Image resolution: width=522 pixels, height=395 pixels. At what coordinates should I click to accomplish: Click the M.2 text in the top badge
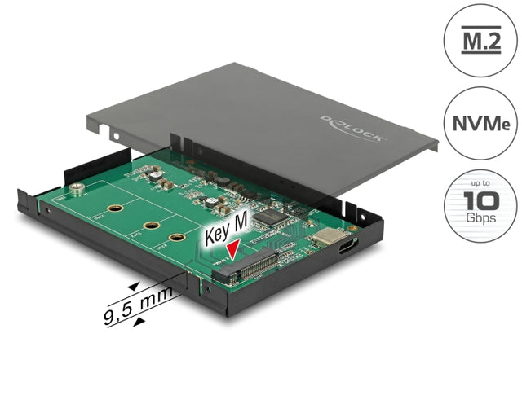click(480, 41)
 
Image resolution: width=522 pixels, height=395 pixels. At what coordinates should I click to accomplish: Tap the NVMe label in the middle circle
click(480, 124)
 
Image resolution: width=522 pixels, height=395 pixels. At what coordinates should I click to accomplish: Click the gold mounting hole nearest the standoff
click(117, 208)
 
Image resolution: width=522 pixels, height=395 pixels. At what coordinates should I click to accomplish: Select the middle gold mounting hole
click(151, 226)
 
